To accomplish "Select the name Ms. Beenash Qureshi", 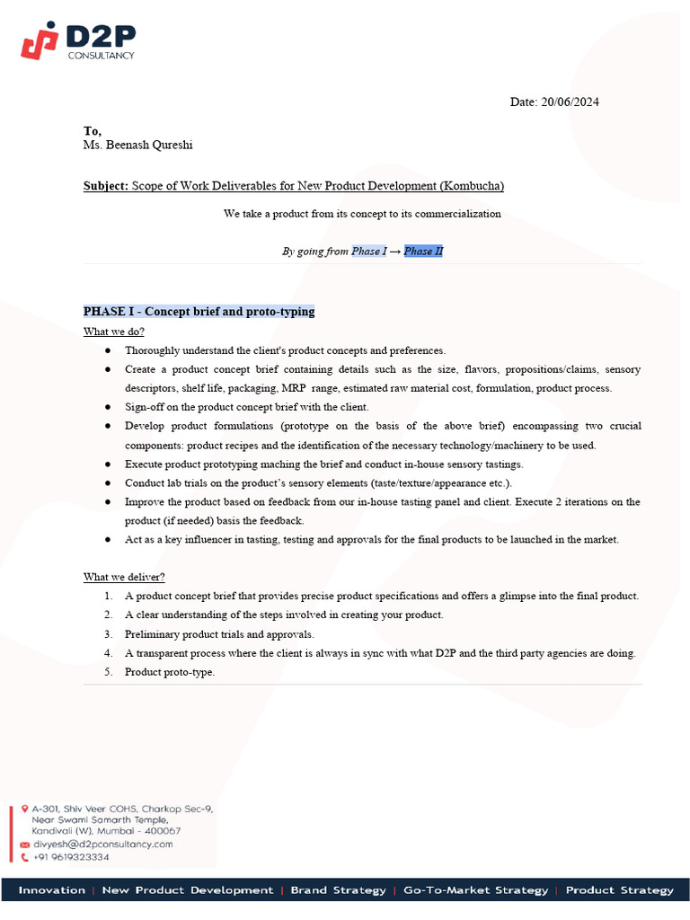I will coord(137,145).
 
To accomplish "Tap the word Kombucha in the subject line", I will coord(471,186).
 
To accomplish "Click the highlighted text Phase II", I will coord(423,252).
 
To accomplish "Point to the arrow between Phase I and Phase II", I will coord(395,252).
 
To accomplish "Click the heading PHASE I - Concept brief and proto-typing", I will coord(199,312).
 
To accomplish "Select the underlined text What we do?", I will coord(114,332).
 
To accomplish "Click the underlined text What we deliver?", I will coord(124,577).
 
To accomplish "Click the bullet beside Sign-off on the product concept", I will coord(108,407).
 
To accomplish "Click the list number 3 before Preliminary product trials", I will coord(107,634).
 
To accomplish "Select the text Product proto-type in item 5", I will coord(169,672).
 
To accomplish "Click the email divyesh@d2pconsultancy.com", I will coord(102,845).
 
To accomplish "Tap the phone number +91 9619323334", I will coord(71,857).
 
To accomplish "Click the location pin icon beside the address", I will coord(24,809).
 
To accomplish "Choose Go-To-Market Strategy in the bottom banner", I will coord(475,890).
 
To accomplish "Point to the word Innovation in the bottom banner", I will coord(52,890).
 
